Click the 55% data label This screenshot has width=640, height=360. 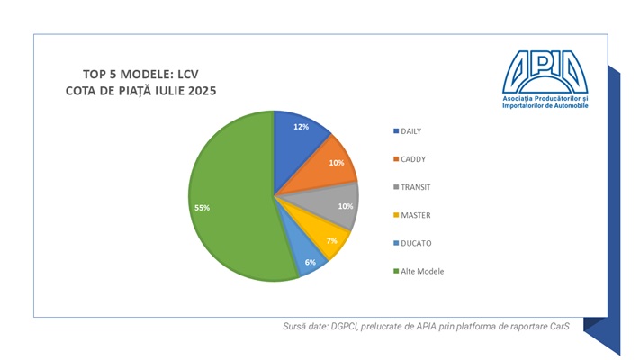202,208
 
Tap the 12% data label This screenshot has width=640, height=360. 302,128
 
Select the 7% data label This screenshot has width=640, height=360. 331,241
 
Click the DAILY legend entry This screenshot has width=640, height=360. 410,131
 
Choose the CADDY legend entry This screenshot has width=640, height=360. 412,159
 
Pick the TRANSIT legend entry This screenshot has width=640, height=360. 415,187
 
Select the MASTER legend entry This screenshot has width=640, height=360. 414,215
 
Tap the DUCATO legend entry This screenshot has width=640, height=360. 415,243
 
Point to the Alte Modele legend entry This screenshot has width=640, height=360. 422,271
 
